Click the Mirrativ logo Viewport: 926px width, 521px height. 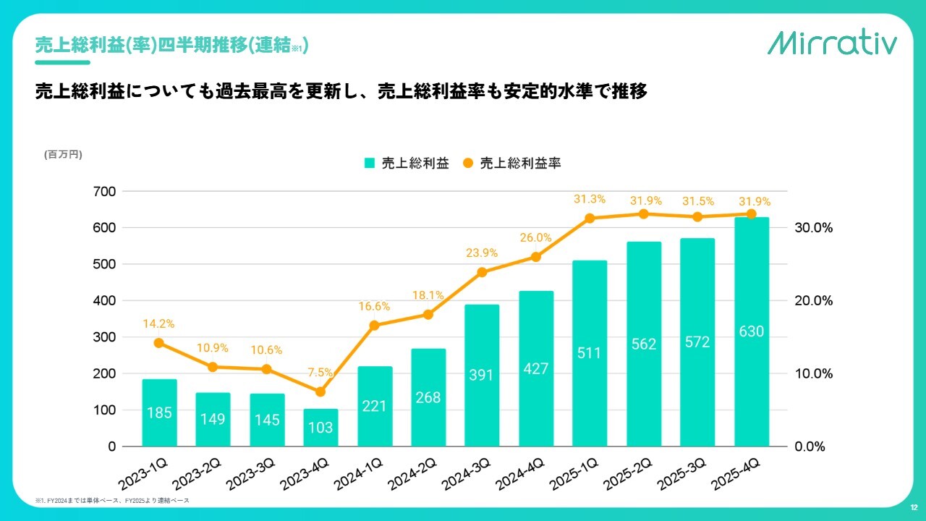click(832, 43)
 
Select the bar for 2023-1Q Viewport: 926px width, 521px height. click(160, 412)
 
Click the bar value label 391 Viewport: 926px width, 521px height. click(481, 375)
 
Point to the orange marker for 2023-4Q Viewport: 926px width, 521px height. click(320, 391)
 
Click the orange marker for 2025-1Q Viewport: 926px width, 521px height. click(590, 218)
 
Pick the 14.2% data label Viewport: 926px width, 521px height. click(158, 324)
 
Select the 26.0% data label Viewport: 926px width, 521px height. click(535, 237)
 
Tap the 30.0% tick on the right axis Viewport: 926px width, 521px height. click(814, 228)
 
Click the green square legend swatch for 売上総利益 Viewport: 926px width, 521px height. click(369, 164)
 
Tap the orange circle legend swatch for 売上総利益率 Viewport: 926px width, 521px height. click(468, 164)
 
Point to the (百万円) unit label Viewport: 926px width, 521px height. click(64, 154)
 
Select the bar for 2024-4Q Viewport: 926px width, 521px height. click(536, 369)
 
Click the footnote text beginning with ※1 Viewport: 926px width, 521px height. click(112, 501)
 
